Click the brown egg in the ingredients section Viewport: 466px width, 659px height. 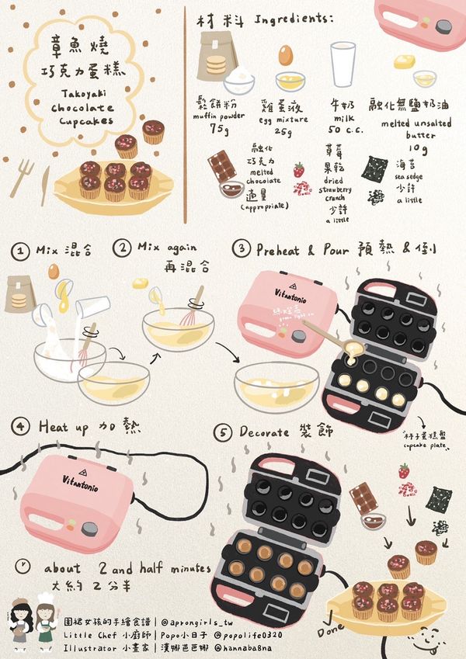point(286,54)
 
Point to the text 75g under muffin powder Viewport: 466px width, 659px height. point(219,129)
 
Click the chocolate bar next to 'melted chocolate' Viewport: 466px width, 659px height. point(222,166)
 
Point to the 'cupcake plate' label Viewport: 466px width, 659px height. point(424,447)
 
